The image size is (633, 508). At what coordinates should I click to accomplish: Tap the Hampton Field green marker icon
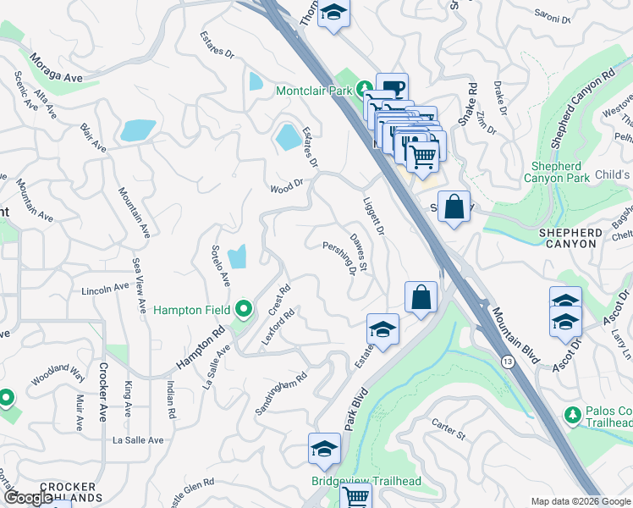[x=245, y=310]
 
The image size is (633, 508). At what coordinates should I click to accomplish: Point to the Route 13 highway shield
[x=507, y=362]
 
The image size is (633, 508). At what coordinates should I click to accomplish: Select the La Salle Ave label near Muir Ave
[x=138, y=440]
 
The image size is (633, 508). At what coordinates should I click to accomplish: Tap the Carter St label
[x=449, y=430]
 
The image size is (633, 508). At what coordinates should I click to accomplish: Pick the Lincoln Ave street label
[x=105, y=290]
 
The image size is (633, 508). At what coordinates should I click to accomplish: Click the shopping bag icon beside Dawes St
[x=421, y=298]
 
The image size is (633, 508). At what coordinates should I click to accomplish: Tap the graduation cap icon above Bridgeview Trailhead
[x=324, y=450]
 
